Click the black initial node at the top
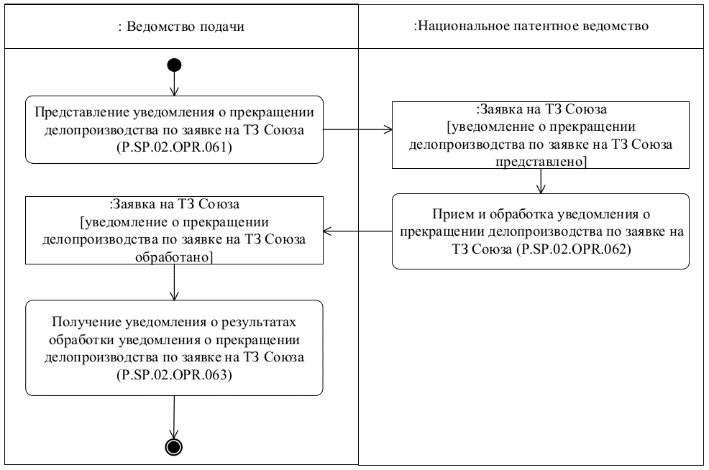(173, 65)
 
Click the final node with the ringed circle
(173, 446)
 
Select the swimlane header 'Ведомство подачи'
(180, 27)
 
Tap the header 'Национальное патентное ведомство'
(532, 27)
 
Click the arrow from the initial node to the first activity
(173, 84)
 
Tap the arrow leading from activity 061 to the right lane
(357, 130)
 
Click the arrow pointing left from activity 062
(357, 231)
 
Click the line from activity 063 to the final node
(173, 416)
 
